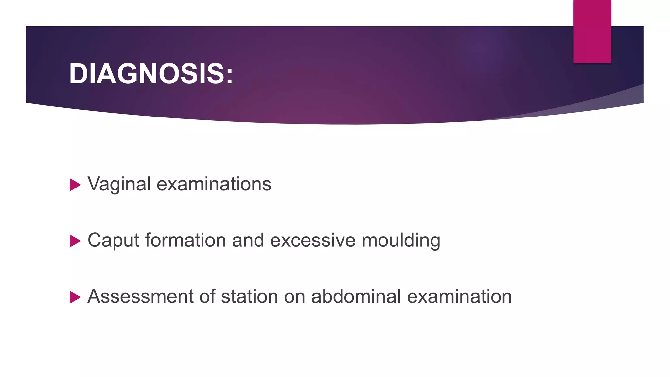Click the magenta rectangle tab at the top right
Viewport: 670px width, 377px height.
click(x=592, y=31)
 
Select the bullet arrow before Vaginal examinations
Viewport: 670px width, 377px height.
click(x=75, y=185)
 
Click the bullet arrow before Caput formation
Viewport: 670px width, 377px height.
click(x=75, y=241)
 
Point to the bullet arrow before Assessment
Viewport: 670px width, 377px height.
click(x=75, y=297)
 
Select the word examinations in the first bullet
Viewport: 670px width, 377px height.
click(x=214, y=184)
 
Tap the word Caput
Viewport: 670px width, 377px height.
click(x=114, y=241)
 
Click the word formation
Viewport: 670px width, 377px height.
click(x=185, y=241)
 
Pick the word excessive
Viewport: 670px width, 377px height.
click(x=312, y=241)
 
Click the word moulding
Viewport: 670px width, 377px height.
click(x=401, y=241)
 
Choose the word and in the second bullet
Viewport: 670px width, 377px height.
click(x=248, y=241)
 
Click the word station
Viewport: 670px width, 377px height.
click(x=249, y=296)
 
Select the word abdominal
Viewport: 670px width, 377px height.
click(x=356, y=296)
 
